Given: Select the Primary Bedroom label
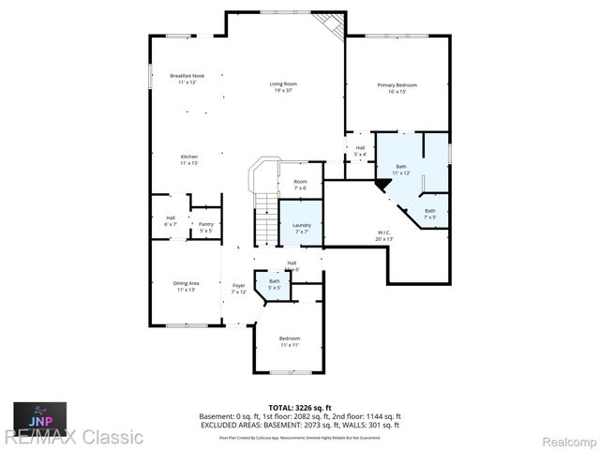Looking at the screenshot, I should (397, 88).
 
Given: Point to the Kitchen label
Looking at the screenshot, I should (188, 159).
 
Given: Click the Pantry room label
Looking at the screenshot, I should (206, 227).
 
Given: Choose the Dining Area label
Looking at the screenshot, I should (186, 286).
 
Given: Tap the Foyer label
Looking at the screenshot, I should (239, 288).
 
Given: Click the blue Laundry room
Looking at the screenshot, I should (301, 228).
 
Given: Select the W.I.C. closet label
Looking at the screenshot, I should (384, 235).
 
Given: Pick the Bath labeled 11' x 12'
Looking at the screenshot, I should (401, 170).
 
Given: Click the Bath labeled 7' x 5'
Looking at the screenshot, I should (429, 214).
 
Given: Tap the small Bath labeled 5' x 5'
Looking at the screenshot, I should (275, 284).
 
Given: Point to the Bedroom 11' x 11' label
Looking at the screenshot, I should (290, 341).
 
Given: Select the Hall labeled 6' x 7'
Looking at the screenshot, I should (171, 221).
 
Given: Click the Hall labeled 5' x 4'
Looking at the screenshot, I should (360, 151).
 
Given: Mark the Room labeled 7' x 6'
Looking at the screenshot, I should (300, 185).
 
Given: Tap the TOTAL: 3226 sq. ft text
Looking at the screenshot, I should (299, 407).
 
